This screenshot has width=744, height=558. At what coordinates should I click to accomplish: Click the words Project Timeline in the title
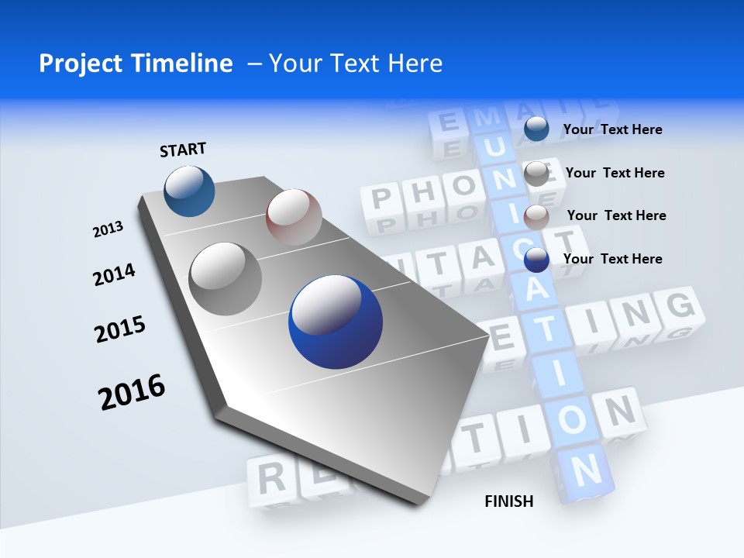coord(136,64)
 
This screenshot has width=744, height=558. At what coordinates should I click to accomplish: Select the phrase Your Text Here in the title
coord(356,64)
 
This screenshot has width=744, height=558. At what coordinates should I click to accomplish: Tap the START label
coord(183,150)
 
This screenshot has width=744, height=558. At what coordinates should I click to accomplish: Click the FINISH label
coord(509,501)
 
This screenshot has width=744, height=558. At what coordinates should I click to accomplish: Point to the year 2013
coord(108,229)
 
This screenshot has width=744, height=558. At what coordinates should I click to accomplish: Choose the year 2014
coord(114,274)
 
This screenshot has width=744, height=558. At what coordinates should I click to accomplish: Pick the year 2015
coord(120,329)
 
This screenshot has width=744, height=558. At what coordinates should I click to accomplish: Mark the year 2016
coord(132,391)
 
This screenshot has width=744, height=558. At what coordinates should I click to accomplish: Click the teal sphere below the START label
coord(190,191)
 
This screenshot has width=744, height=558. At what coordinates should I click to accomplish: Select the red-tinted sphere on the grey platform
coord(294,216)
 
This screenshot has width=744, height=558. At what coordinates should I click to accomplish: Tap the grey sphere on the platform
coord(226,279)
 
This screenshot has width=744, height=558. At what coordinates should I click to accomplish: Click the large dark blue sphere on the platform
coord(336,322)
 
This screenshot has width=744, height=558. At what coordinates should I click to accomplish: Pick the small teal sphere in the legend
coord(536,129)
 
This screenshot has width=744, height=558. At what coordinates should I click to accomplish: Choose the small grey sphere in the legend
coord(536,174)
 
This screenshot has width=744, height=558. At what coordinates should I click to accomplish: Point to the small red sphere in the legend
coord(536,216)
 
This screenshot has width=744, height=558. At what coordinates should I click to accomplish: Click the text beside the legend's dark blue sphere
coord(612,259)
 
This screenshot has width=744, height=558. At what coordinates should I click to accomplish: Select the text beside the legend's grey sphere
coord(615,173)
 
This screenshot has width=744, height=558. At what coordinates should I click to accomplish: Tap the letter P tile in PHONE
coord(381,199)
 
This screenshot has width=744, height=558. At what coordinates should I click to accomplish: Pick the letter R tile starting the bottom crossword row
coord(270,477)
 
